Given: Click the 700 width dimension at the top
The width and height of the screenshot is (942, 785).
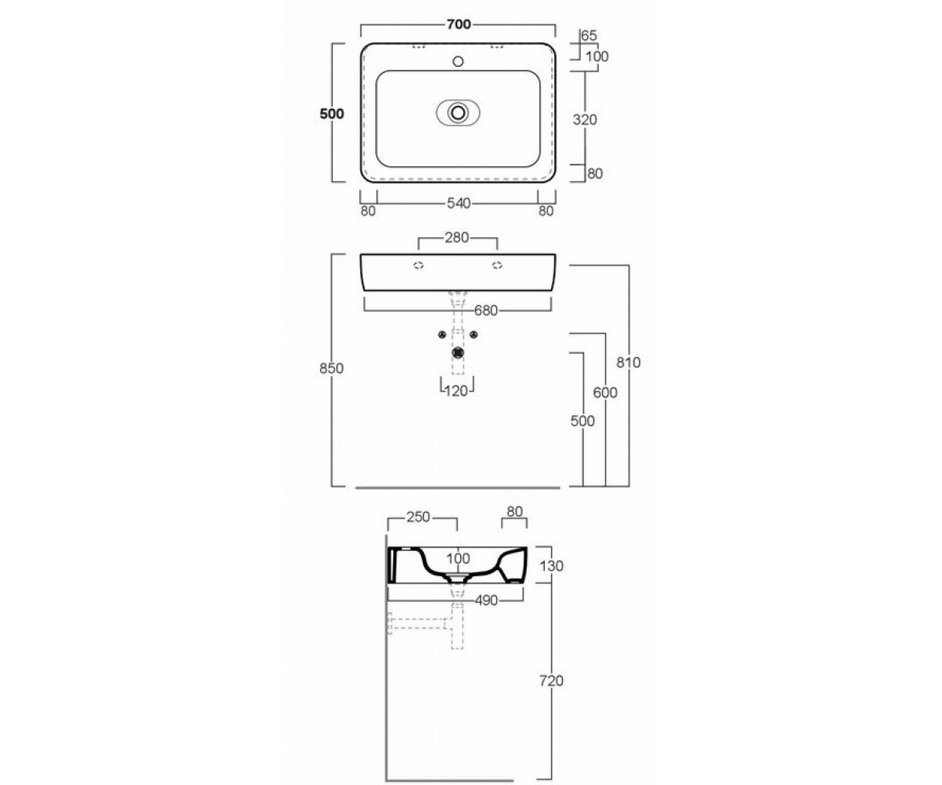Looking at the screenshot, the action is coord(458,24).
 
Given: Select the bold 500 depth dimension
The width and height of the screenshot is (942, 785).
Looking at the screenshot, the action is coord(331,114).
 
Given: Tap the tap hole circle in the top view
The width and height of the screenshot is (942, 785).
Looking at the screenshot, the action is coord(458,61).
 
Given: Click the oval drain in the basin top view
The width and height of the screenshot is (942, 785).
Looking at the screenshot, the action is coord(458,113).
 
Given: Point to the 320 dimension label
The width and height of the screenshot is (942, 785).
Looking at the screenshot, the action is coord(585,119).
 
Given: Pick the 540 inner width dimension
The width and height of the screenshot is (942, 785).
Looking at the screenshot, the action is coord(458,203).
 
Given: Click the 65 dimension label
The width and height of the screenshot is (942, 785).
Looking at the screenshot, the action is coord(589,35).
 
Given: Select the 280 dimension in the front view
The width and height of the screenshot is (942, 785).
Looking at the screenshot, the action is coord(457,238).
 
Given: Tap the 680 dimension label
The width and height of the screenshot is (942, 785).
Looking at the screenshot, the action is coord(486,310).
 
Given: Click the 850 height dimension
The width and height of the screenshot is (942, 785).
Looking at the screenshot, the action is coord(331,369).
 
